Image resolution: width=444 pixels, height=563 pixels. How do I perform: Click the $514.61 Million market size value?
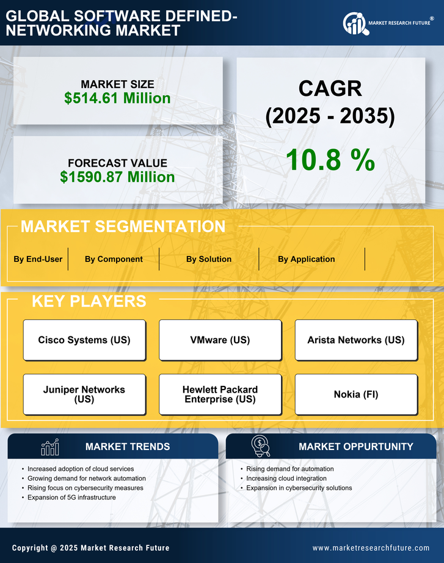(117, 98)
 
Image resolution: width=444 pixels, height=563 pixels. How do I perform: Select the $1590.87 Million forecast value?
(117, 177)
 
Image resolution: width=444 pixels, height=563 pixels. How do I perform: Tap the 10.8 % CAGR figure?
(330, 160)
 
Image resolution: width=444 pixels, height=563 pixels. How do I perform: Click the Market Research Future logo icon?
(354, 24)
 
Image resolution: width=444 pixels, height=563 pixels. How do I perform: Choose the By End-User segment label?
(38, 259)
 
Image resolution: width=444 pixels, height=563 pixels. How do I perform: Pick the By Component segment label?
(114, 259)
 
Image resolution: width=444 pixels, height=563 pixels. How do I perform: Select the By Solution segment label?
(209, 259)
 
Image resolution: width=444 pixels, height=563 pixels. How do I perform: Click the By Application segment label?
(306, 259)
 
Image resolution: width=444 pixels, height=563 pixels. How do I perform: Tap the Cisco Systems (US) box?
(84, 340)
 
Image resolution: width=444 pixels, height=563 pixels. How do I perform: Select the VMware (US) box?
(220, 340)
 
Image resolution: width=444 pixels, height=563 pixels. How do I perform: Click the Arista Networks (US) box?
(356, 340)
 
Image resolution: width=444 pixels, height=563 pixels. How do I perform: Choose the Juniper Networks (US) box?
(84, 394)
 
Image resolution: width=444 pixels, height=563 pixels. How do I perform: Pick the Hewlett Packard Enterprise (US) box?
(220, 394)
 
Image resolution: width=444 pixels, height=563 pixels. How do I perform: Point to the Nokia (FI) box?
(356, 394)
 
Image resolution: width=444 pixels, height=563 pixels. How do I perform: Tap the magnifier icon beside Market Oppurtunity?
(261, 446)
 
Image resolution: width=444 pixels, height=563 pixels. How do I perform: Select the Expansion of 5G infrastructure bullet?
(71, 498)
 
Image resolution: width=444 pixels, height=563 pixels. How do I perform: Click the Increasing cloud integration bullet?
(286, 478)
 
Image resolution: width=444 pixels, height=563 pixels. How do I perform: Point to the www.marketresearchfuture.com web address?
(371, 548)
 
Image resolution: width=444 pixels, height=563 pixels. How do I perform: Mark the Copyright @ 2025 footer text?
(91, 548)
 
